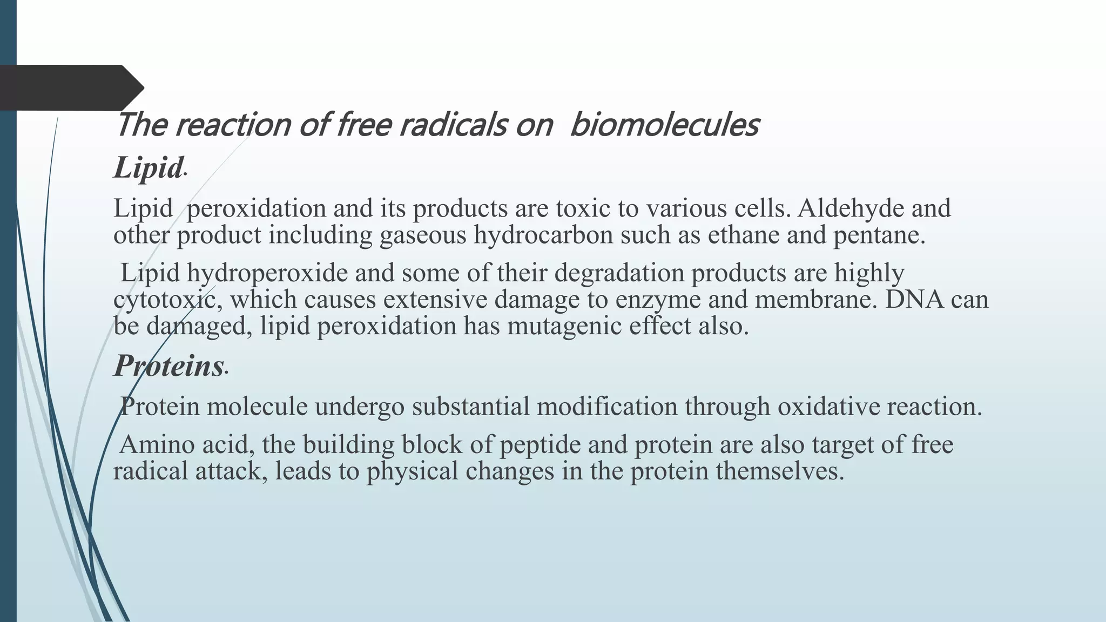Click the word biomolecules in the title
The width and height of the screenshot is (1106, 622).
click(664, 125)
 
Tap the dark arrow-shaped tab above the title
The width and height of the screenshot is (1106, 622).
click(70, 87)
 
